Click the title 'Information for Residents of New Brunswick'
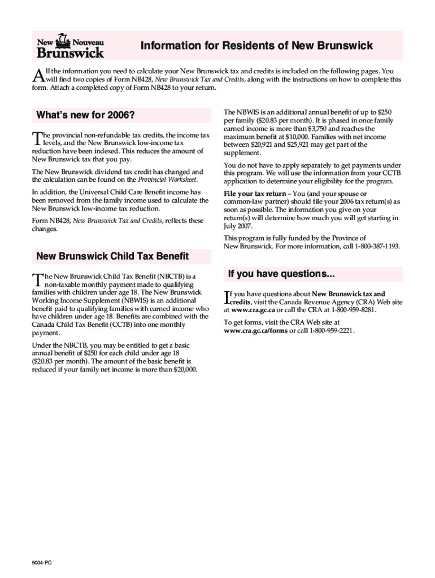pos(256,46)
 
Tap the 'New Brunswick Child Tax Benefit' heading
pos(112,256)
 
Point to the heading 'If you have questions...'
pos(281,274)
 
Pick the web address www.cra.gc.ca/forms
pos(256,331)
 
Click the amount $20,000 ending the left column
pos(182,369)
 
